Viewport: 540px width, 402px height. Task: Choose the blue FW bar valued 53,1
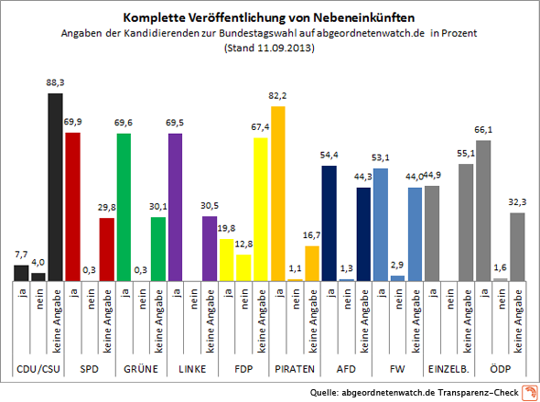(x=380, y=223)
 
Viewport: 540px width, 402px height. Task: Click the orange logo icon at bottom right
(x=528, y=392)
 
